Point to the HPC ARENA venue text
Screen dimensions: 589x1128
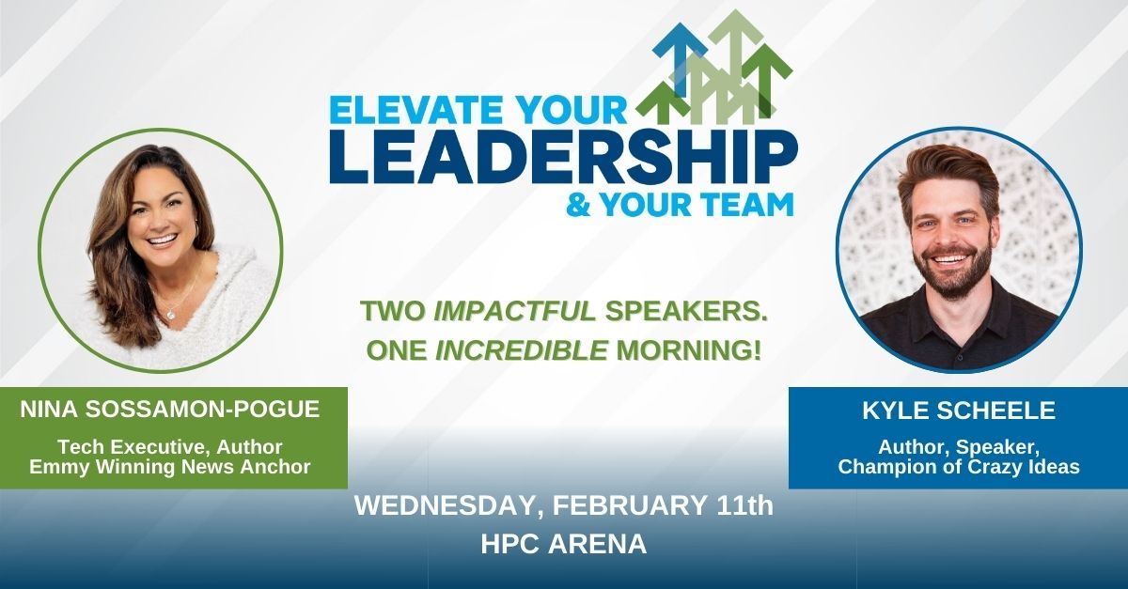(x=564, y=545)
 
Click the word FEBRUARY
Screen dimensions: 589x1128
(x=630, y=507)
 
